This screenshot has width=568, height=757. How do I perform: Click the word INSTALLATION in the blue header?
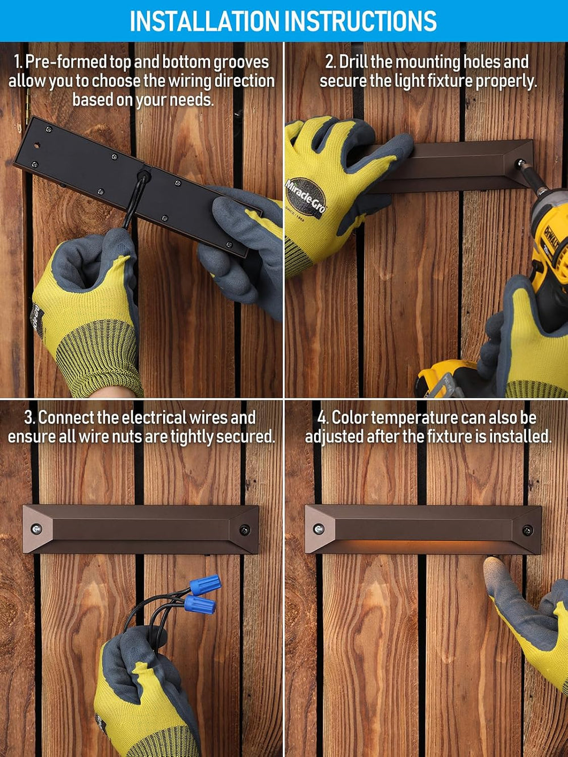coord(204,21)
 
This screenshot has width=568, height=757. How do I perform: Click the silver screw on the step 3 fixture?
coord(36,529)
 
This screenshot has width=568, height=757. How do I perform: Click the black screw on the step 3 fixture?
coord(244,529)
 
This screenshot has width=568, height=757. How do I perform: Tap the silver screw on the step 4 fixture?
coord(318,529)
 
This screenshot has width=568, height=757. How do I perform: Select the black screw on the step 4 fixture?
coord(527,530)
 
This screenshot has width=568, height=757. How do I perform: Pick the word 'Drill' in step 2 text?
coord(354,62)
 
